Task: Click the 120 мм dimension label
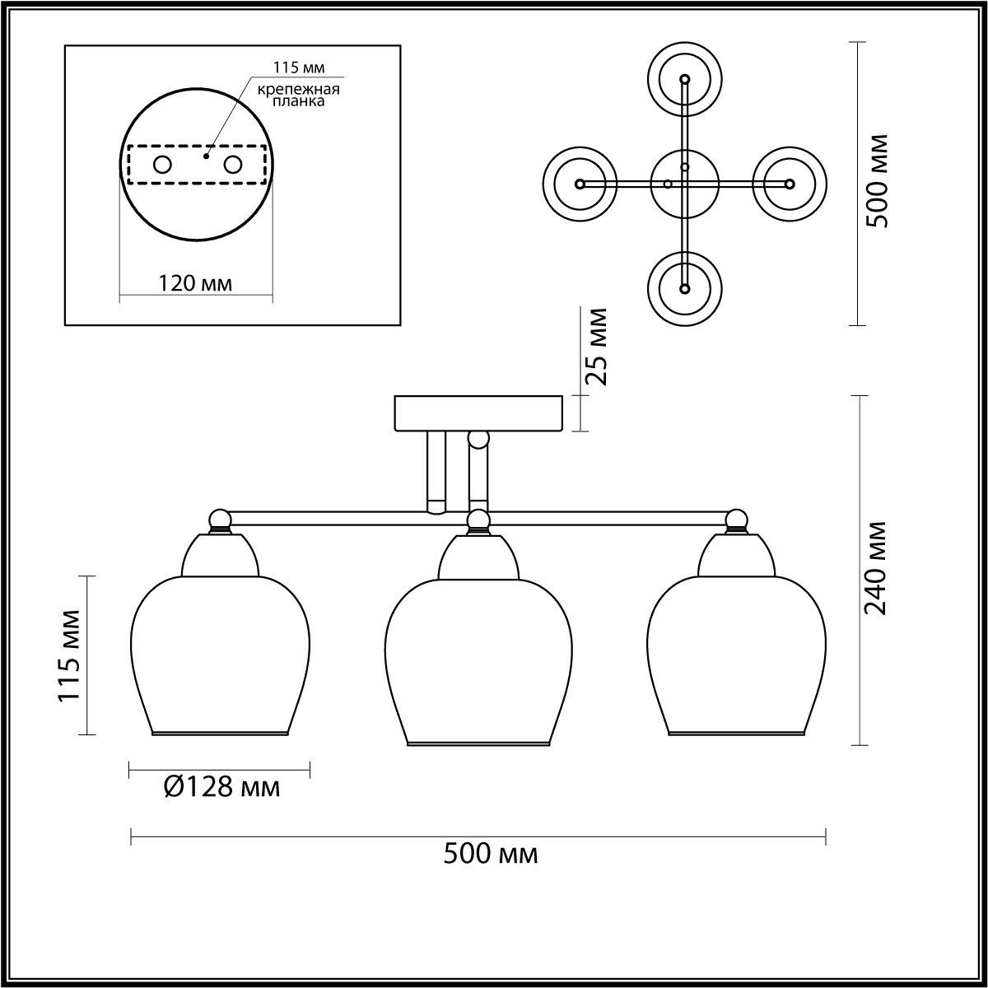[195, 284]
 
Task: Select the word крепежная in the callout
[299, 89]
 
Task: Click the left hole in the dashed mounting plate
[162, 165]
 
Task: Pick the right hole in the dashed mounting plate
[233, 165]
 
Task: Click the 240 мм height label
[876, 568]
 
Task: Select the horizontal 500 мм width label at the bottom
[491, 854]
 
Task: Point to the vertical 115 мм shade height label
[69, 655]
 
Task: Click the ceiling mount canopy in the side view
[478, 413]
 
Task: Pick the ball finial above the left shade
[220, 520]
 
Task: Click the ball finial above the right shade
[737, 520]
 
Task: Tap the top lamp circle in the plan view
[684, 79]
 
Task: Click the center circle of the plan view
[684, 184]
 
